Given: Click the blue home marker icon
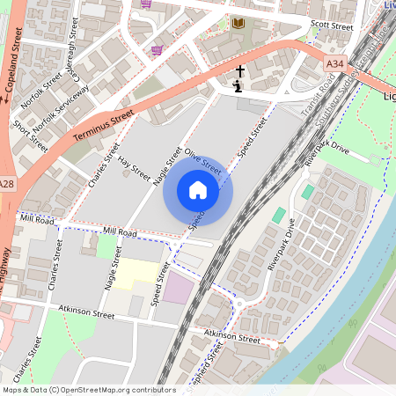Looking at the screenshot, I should coord(198,190).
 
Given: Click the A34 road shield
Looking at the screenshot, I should coord(334,63).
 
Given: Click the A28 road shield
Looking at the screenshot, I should coord(7,184).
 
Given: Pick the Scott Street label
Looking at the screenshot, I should coord(332,27).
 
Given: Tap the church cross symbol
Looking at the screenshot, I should coord(239,70).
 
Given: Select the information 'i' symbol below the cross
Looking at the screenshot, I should coord(238,86).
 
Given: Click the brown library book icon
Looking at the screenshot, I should coord(238,23).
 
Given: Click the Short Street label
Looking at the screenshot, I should coord(31,136).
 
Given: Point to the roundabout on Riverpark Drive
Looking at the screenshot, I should coord(239,304).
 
